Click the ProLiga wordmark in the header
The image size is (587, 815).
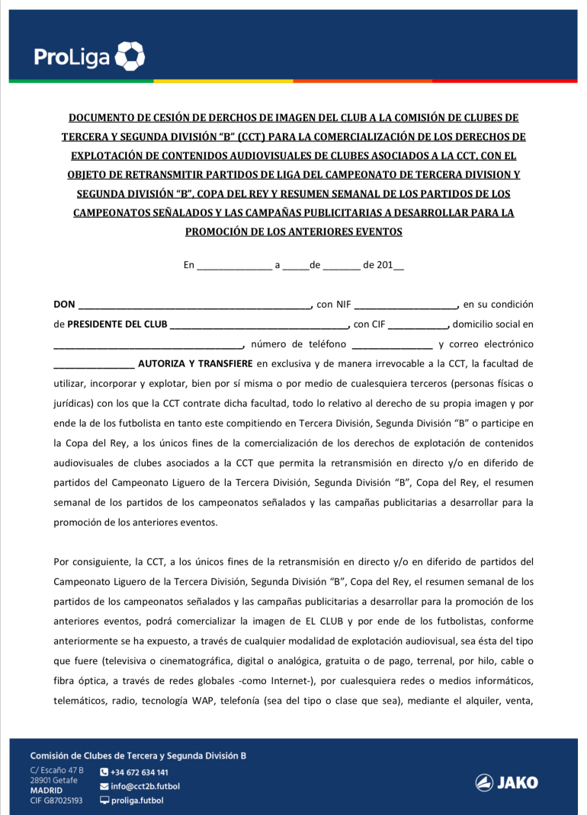pos(72,56)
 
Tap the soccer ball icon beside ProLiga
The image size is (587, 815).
pos(130,56)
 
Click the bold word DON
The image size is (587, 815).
pos(64,305)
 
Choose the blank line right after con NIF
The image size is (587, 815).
pos(405,305)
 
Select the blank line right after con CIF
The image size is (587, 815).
pos(419,324)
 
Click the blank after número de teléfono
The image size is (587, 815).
pos(392,344)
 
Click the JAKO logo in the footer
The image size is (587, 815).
pos(506,782)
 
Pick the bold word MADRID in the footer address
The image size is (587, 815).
pos(47,791)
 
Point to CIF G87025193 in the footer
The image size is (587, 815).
pos(56,801)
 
